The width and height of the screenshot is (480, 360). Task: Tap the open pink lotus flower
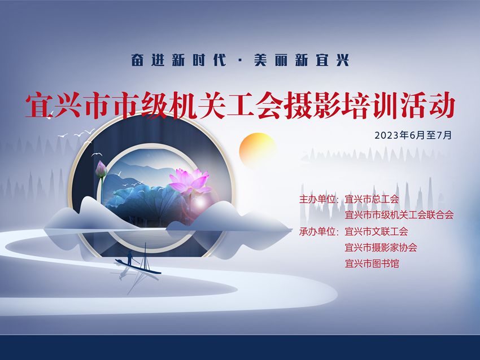click(x=190, y=181)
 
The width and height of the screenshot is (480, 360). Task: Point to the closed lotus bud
click(x=101, y=169)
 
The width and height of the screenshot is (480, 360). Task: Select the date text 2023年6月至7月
click(x=413, y=135)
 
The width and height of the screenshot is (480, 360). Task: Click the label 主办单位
click(x=317, y=199)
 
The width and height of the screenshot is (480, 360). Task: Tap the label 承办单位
click(x=317, y=231)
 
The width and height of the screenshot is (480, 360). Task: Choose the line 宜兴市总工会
click(x=372, y=199)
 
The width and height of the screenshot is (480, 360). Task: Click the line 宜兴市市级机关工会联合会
click(x=399, y=215)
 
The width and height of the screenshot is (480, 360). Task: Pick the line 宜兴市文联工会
click(x=377, y=231)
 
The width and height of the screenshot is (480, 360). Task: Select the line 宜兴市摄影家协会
click(x=381, y=247)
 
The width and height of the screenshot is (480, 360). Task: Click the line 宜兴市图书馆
click(x=372, y=264)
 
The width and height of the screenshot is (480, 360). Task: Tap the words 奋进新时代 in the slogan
click(x=178, y=60)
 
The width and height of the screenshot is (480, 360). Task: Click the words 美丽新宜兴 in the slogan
click(x=302, y=60)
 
